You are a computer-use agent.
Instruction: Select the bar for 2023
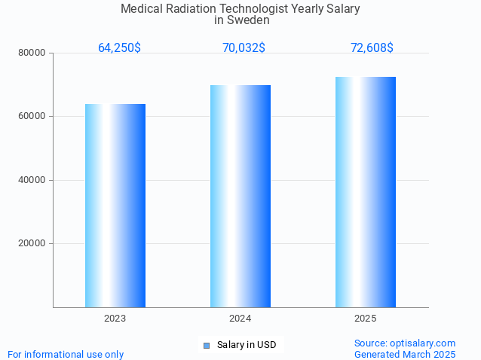115,206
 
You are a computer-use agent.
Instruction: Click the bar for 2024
240,196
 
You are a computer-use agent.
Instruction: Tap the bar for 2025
366,192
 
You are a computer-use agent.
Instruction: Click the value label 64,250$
119,48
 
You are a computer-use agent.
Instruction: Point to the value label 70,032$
244,48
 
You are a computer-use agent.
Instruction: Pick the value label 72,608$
372,48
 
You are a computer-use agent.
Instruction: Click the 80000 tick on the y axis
33,53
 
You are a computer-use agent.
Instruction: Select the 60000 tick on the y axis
33,117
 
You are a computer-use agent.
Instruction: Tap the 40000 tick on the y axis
33,181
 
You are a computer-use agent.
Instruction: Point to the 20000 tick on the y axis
33,244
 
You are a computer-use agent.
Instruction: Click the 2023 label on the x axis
115,319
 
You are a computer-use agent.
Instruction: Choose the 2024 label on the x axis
240,319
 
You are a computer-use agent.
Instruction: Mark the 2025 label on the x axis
366,319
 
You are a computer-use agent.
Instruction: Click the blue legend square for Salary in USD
206,346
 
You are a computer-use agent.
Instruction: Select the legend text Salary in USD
247,346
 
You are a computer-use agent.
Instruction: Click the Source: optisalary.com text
405,343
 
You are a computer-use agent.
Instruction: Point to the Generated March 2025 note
405,355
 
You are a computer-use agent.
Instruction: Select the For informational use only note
66,355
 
